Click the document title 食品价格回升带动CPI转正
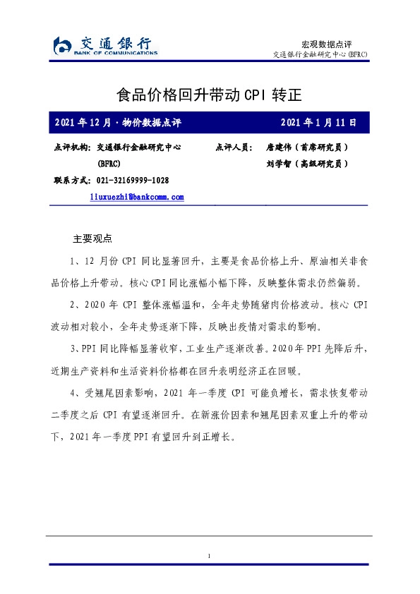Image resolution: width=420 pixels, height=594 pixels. click(210, 95)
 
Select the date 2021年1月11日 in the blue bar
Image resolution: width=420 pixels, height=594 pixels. click(318, 123)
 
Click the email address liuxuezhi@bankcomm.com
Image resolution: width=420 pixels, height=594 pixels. click(137, 198)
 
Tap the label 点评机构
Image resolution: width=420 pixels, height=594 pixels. click(71, 148)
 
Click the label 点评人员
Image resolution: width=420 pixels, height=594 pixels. click(233, 148)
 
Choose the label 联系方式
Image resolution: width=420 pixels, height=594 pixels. click(71, 181)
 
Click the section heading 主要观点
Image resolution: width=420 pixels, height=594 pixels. click(93, 238)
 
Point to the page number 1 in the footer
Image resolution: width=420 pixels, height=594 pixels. click(210, 557)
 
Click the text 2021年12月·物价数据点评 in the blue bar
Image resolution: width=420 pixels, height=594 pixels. click(117, 123)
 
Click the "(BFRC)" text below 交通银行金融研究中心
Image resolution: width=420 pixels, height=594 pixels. click(109, 164)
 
